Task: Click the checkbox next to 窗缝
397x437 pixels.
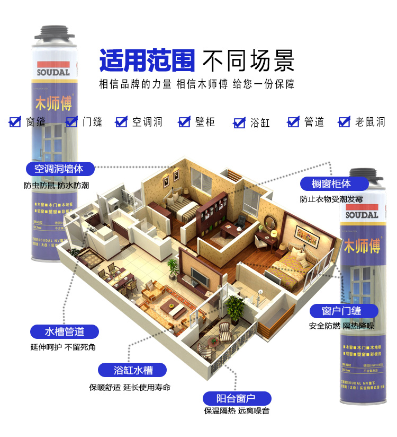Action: click(x=15, y=122)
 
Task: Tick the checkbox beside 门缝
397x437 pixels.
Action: click(x=71, y=122)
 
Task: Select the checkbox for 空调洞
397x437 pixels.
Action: click(x=122, y=122)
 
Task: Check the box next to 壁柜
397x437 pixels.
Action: click(x=184, y=122)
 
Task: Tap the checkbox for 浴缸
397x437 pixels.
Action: click(x=239, y=123)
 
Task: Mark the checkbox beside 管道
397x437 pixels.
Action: click(x=293, y=122)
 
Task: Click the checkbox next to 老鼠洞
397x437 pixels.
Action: click(x=345, y=122)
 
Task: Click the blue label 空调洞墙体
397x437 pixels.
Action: click(x=60, y=169)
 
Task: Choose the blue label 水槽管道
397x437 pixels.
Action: click(x=65, y=332)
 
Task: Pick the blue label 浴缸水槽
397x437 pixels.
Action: click(x=133, y=370)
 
